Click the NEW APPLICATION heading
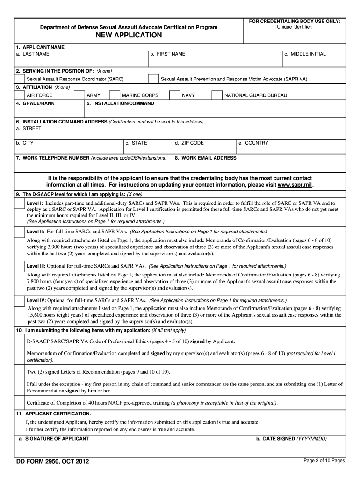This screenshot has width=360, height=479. (x=129, y=36)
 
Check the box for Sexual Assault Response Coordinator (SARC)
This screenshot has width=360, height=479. (x=20, y=79)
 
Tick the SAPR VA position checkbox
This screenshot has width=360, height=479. (x=153, y=79)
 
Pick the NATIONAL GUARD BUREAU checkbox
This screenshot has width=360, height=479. (x=217, y=95)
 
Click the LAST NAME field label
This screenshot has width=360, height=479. (x=32, y=54)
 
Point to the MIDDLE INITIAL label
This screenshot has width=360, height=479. (x=305, y=54)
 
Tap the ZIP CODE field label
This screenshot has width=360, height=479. (x=189, y=143)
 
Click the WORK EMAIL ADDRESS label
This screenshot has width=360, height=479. (x=206, y=158)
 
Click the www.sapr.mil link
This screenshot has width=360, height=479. (x=295, y=185)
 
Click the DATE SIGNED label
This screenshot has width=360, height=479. (x=291, y=439)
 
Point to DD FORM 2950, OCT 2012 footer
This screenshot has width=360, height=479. (x=52, y=462)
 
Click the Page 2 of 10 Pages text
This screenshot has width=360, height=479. (x=324, y=461)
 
